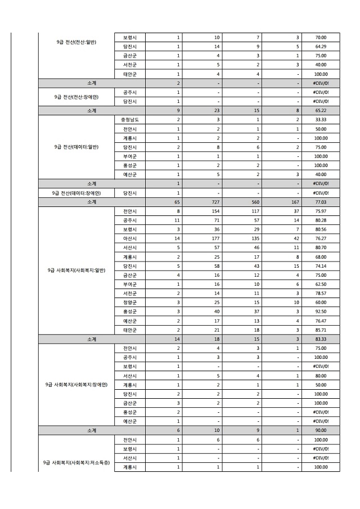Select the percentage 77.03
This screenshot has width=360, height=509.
click(321, 202)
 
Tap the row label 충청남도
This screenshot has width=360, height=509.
click(130, 120)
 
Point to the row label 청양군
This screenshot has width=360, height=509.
click(130, 303)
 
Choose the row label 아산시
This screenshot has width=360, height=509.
click(130, 238)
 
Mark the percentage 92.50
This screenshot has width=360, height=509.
click(321, 312)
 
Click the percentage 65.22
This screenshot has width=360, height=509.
click(321, 111)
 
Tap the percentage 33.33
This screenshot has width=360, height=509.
click(321, 120)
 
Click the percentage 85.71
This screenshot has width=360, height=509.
click(321, 330)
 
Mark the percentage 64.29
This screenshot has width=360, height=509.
click(321, 46)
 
